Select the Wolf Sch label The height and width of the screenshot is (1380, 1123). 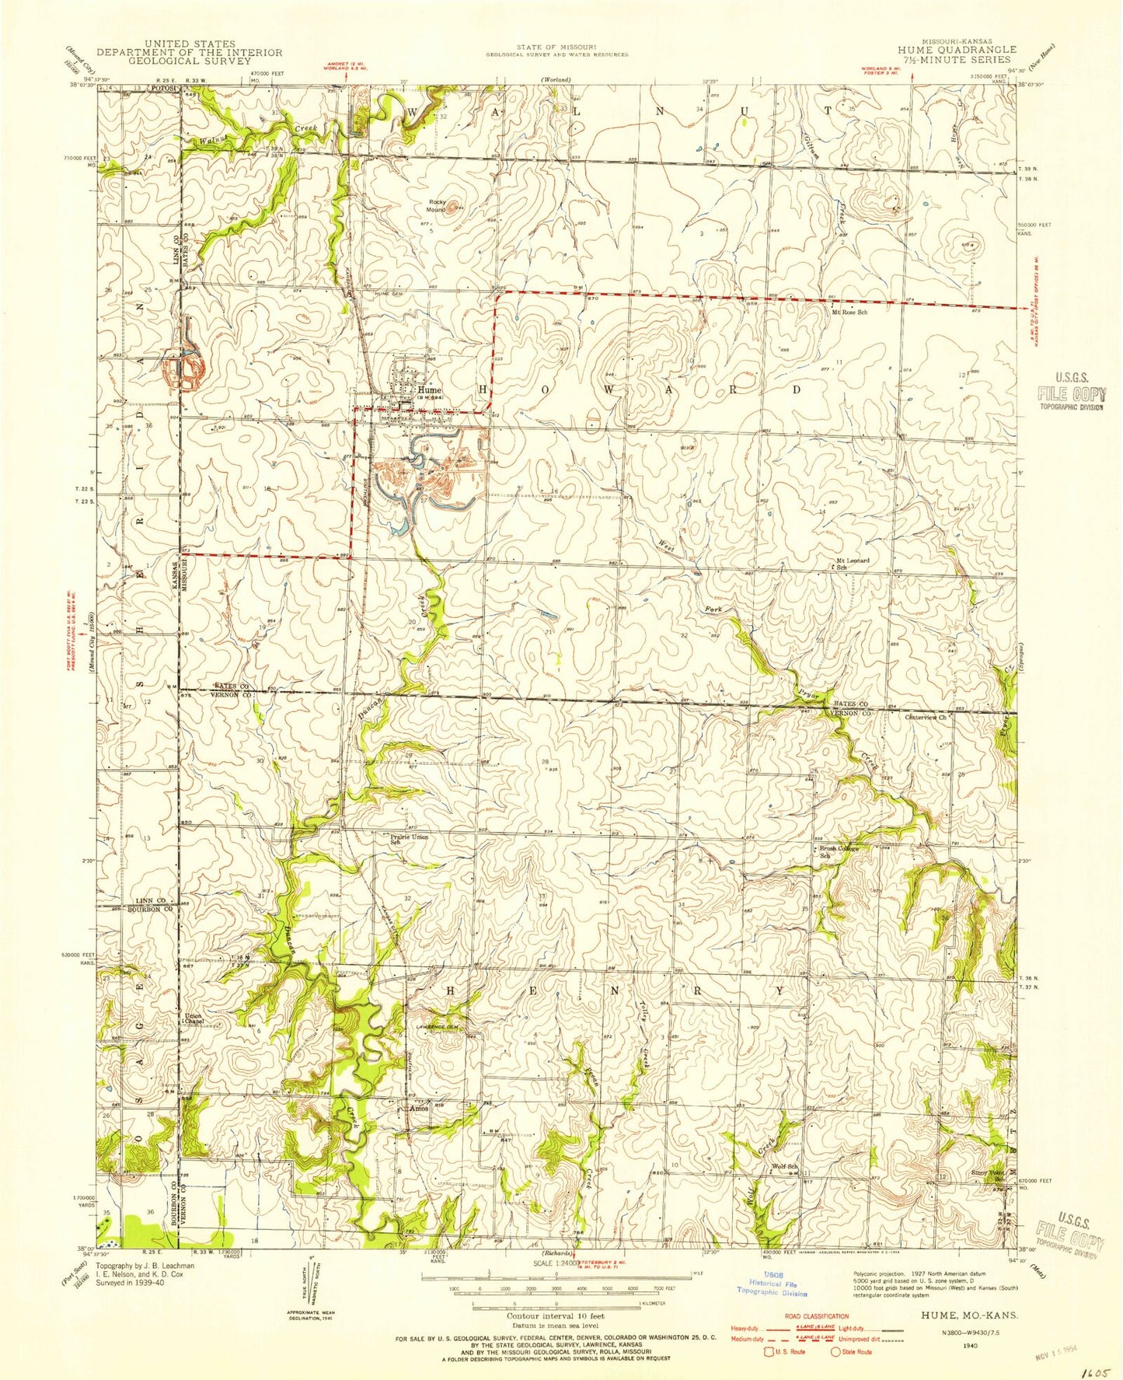tap(785, 1166)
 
